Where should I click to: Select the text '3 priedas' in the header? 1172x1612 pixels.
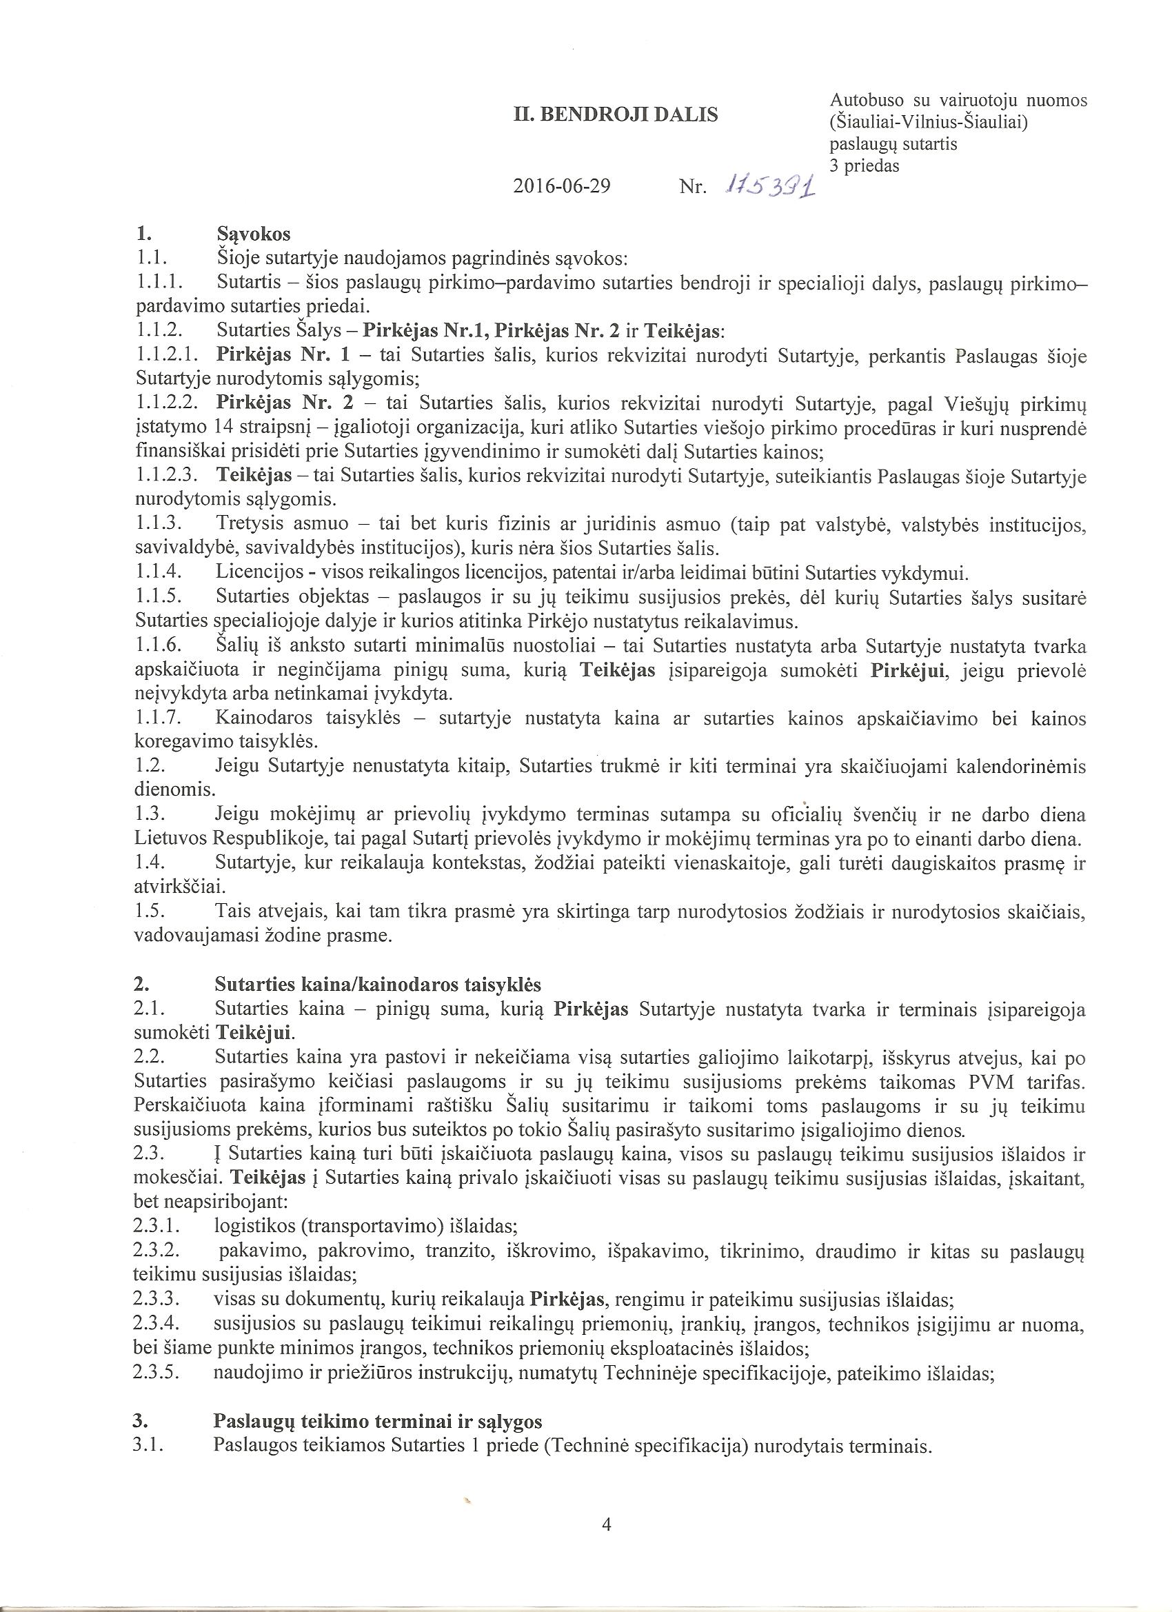click(864, 166)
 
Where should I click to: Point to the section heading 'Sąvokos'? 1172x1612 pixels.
click(253, 233)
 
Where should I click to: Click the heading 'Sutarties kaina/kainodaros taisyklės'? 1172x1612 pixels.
click(377, 985)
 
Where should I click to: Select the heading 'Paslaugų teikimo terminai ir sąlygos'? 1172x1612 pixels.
click(377, 1402)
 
